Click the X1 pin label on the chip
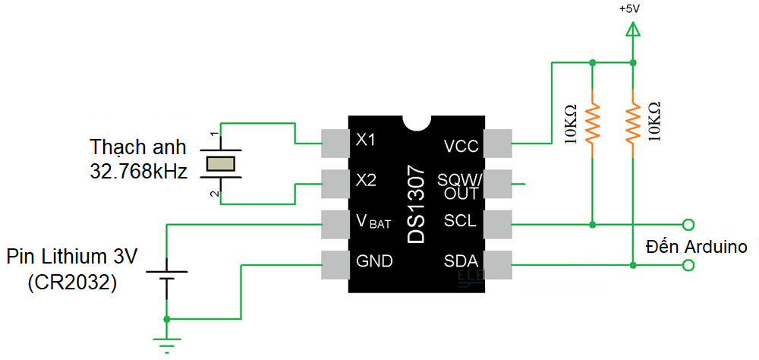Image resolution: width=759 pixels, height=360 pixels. click(x=366, y=141)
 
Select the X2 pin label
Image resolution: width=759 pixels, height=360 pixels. click(x=366, y=181)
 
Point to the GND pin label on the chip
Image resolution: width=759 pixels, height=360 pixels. click(x=374, y=261)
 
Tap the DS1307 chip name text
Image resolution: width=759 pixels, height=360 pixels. click(x=417, y=205)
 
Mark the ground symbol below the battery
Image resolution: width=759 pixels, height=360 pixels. click(x=165, y=341)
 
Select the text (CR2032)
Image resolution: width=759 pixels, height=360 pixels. click(x=72, y=283)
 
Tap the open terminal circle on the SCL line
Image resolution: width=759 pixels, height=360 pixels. click(x=688, y=224)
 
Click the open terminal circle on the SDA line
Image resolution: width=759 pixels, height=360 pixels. click(x=688, y=265)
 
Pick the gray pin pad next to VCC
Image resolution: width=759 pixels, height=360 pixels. click(x=498, y=142)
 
